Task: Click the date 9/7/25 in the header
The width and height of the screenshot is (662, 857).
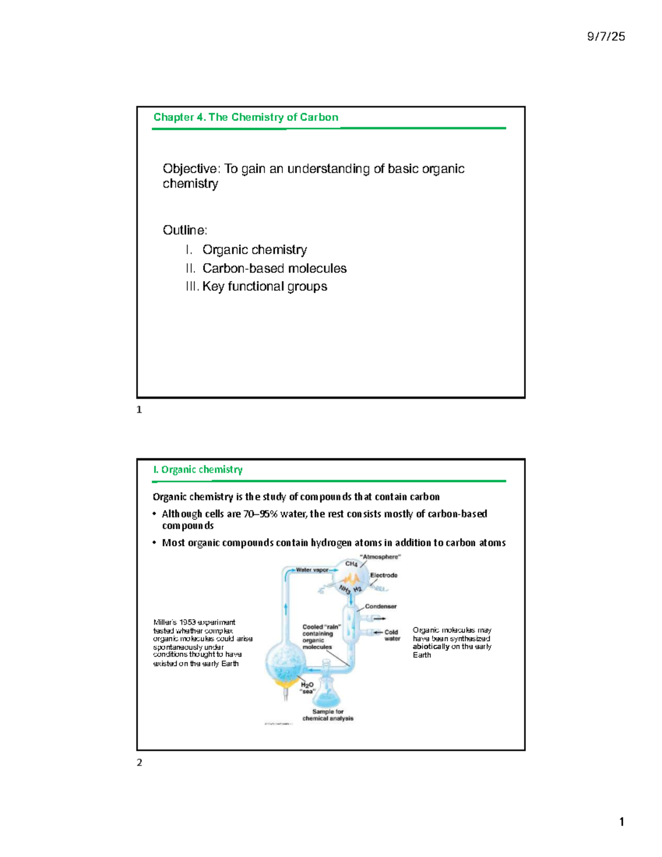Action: click(x=606, y=36)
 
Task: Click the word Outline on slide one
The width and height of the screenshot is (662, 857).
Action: click(x=184, y=230)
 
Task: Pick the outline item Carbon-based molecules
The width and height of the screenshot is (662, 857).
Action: click(x=274, y=268)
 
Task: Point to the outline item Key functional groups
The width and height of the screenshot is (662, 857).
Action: click(x=264, y=286)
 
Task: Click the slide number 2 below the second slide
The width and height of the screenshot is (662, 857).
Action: click(x=140, y=763)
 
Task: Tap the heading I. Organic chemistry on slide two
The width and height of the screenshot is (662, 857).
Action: click(x=198, y=470)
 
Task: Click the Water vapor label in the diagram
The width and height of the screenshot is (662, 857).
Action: click(x=312, y=569)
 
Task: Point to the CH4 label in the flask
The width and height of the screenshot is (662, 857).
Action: click(x=351, y=564)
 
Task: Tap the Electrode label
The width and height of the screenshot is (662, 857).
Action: click(x=383, y=575)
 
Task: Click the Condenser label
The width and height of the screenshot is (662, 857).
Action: click(x=381, y=606)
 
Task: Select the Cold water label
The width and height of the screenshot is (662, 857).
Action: click(x=392, y=635)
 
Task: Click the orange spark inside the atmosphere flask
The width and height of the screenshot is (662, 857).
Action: click(x=351, y=579)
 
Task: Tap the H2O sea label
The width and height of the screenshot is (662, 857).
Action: click(x=307, y=688)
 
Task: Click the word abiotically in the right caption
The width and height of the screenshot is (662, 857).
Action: click(x=431, y=646)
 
